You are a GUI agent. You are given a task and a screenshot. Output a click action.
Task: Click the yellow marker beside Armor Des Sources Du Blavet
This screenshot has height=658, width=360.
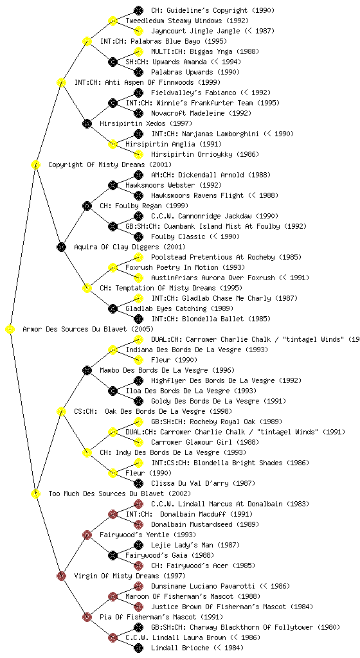tap(10, 330)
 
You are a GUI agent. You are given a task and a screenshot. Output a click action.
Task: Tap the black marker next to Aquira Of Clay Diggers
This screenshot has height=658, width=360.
tap(61, 247)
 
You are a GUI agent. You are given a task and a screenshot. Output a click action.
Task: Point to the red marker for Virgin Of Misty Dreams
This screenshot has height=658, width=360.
tap(61, 576)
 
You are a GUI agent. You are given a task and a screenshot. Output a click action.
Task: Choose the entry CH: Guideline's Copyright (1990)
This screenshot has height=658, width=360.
tap(207, 10)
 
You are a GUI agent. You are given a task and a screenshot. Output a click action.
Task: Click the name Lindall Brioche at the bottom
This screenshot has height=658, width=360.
tap(179, 648)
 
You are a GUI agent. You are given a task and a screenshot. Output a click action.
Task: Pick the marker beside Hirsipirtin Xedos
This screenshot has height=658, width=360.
tap(87, 124)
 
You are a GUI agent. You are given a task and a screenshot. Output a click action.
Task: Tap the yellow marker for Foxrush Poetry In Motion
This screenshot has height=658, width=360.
tap(113, 268)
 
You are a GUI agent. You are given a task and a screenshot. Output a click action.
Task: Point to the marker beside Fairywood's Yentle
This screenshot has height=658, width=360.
tap(87, 535)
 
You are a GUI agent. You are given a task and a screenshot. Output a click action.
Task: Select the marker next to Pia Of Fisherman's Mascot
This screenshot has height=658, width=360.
tap(87, 617)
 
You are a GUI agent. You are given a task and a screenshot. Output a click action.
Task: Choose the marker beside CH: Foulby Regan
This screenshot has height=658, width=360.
tap(87, 206)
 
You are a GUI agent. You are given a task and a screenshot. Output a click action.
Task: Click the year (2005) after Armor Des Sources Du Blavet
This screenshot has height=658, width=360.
tap(142, 330)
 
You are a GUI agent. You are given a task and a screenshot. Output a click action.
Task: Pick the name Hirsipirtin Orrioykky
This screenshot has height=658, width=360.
tap(193, 154)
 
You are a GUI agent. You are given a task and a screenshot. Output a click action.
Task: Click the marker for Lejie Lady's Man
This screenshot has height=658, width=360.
tap(138, 545)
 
